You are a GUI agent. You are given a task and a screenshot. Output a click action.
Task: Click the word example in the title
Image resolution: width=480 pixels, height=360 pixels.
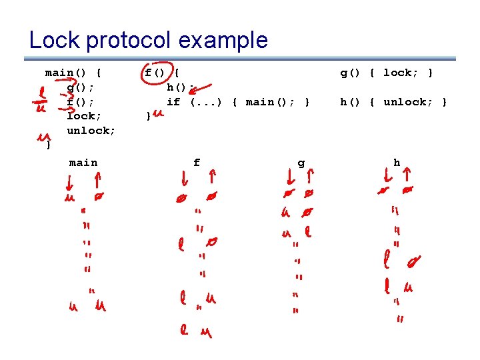click(223, 41)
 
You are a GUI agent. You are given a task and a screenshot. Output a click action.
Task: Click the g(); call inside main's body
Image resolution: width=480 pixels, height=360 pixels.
click(81, 87)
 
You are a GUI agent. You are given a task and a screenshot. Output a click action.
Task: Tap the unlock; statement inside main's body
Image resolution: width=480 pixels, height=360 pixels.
click(91, 131)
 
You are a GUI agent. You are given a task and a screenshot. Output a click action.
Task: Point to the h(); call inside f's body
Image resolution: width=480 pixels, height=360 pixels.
click(180, 87)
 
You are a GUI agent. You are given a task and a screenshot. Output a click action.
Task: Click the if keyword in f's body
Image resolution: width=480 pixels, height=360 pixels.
click(173, 102)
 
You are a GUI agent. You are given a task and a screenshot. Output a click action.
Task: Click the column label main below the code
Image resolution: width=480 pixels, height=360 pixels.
click(83, 163)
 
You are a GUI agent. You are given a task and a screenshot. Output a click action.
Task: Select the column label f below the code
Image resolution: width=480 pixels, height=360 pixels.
click(197, 163)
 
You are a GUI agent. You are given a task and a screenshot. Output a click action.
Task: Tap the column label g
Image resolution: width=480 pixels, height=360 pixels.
click(301, 163)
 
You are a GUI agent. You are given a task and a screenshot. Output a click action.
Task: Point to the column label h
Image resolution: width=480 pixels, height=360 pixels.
click(397, 163)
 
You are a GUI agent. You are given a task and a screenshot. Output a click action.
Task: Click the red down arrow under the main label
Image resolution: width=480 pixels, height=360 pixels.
click(69, 181)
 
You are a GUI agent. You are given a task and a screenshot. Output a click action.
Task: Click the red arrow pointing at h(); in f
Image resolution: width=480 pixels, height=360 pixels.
click(203, 89)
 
